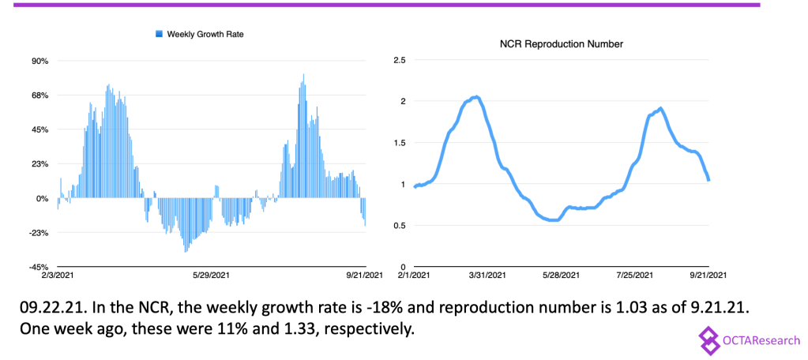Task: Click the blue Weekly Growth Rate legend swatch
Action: coord(159,34)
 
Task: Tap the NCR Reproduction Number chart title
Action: coord(562,44)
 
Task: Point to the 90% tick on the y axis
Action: coord(40,61)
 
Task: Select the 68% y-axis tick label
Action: coord(40,96)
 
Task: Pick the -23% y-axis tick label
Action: coord(39,233)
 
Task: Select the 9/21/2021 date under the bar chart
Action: coord(363,276)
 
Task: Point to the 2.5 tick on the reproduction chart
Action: coord(399,60)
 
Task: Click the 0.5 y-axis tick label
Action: coord(399,226)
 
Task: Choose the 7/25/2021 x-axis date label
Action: coord(633,276)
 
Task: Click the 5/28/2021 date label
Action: coord(561,276)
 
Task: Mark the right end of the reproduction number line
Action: coord(708,180)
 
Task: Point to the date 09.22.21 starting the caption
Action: coord(51,306)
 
